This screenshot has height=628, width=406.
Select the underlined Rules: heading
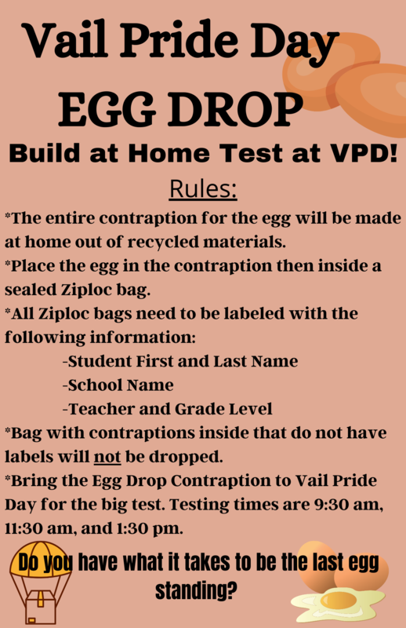[203, 190]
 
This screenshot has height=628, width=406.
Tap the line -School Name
[118, 385]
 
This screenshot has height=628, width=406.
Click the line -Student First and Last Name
[179, 361]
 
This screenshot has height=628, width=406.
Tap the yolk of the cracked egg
[338, 601]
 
